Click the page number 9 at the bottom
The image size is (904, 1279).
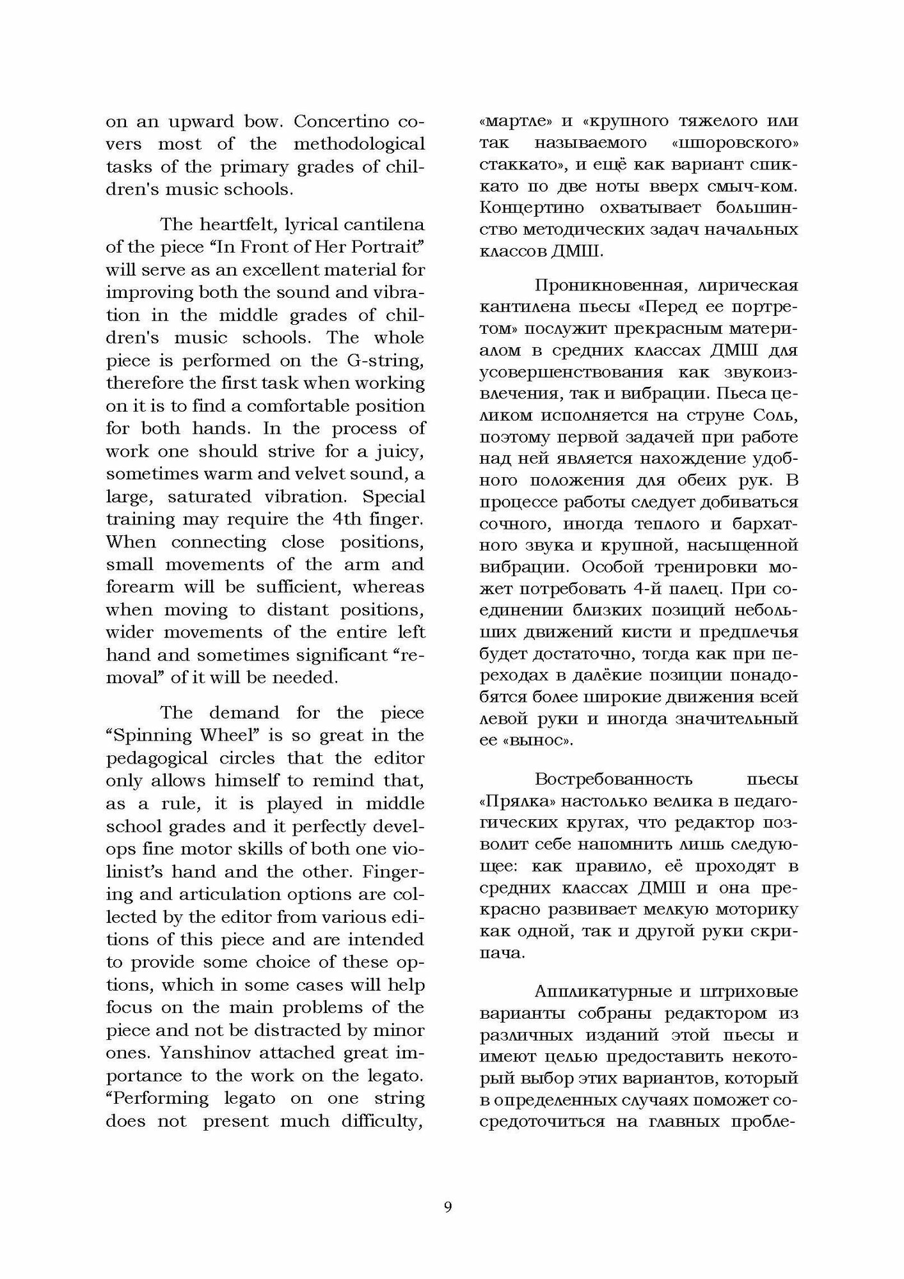pos(448,1207)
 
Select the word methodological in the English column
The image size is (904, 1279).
pos(359,144)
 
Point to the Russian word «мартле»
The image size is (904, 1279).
pos(514,122)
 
